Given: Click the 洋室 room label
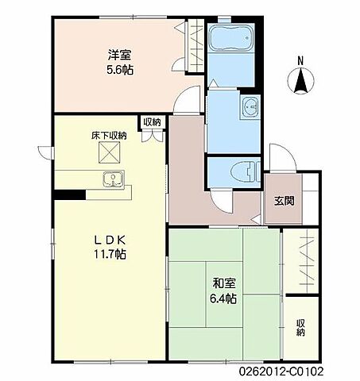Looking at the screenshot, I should coord(120,56).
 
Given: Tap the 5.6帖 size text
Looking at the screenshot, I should coord(120,69).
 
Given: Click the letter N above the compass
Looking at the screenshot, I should coord(300,60).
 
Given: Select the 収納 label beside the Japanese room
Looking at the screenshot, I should coord(301,327).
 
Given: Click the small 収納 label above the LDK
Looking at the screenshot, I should coord(152,122).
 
